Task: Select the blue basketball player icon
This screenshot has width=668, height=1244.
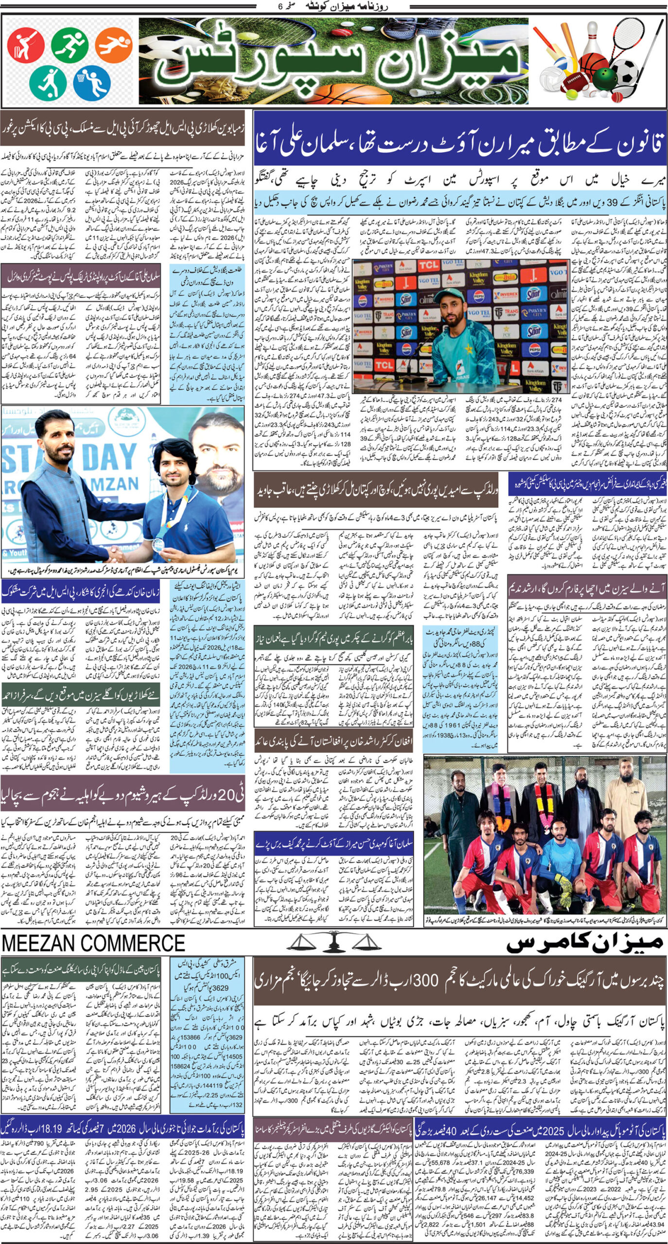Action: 92,83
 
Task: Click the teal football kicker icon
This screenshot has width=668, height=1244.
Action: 47,83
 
